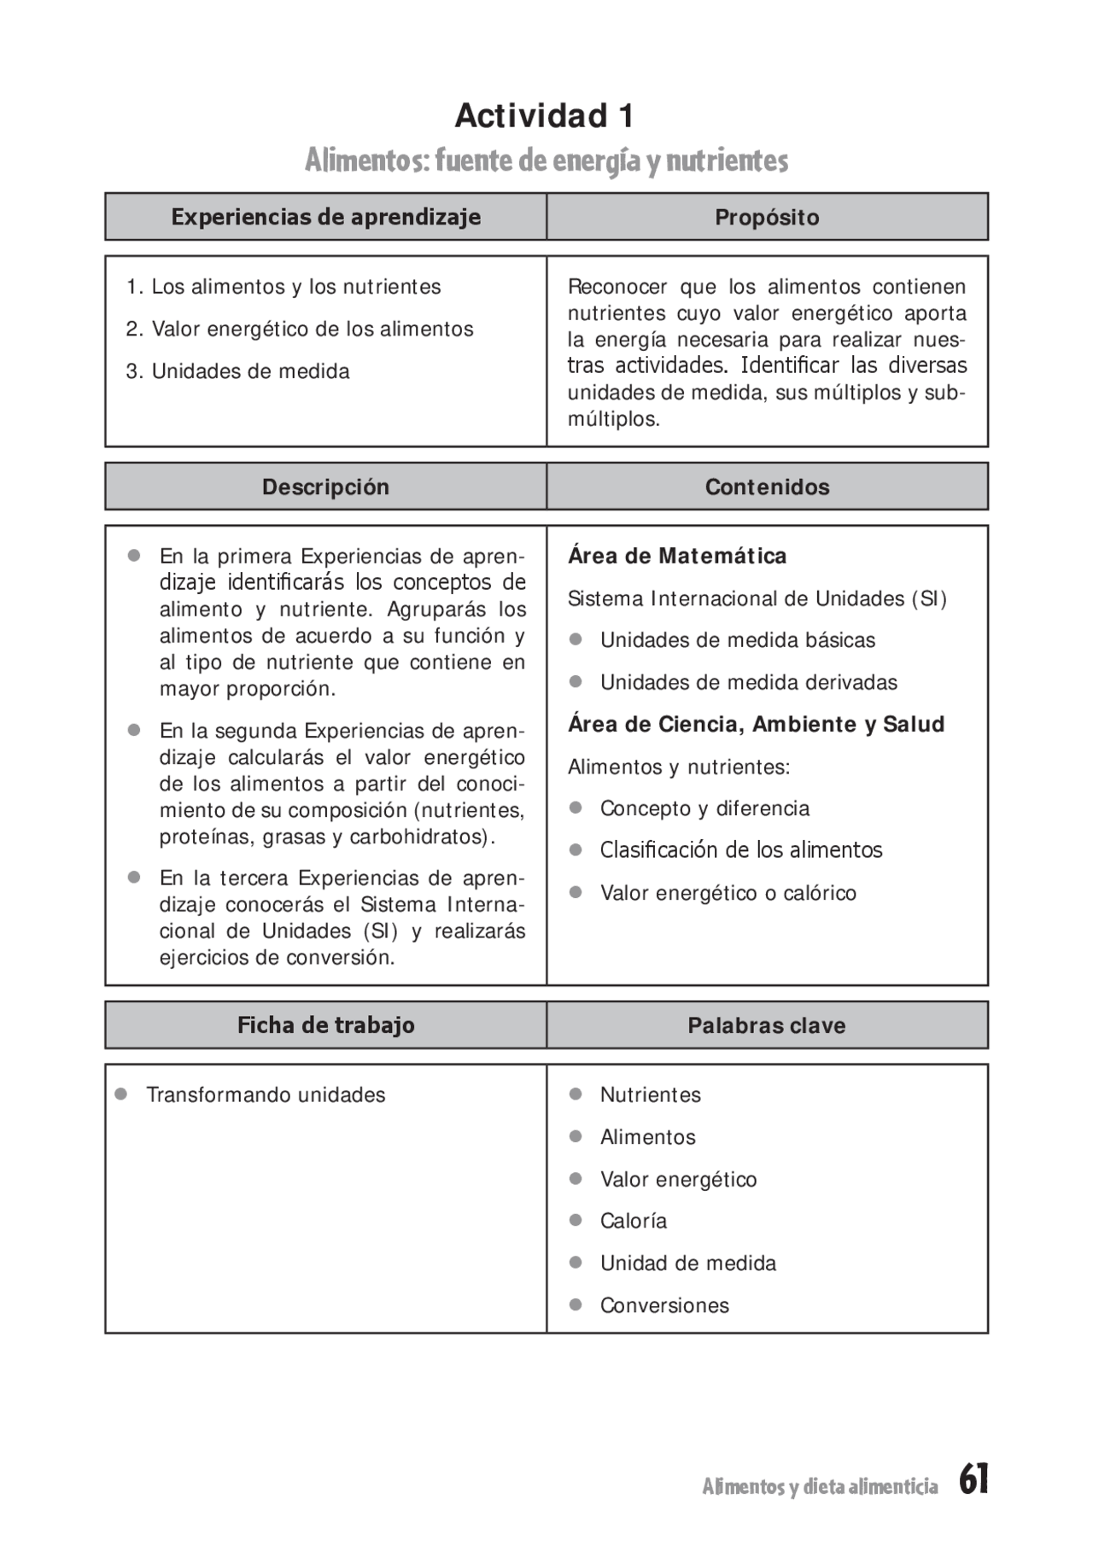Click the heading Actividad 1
coord(545,116)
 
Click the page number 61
coord(973,1479)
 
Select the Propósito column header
coord(767,218)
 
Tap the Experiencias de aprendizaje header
coord(325,217)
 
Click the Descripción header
coord(325,487)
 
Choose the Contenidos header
coord(767,487)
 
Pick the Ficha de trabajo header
coord(325,1025)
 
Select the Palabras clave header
coord(767,1025)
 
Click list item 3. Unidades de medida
coord(238,371)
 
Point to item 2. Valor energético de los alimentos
coord(300,329)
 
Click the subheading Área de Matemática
coord(677,557)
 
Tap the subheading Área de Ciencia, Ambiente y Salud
coord(756,725)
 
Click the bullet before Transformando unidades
coord(121,1094)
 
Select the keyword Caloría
coord(633,1221)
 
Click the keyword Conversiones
coord(664,1305)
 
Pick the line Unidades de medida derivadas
coord(748,683)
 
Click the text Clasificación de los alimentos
coord(740,850)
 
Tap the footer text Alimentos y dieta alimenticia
coord(820,1486)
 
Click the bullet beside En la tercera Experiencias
coord(134,878)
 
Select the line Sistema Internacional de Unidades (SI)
coord(757,599)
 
